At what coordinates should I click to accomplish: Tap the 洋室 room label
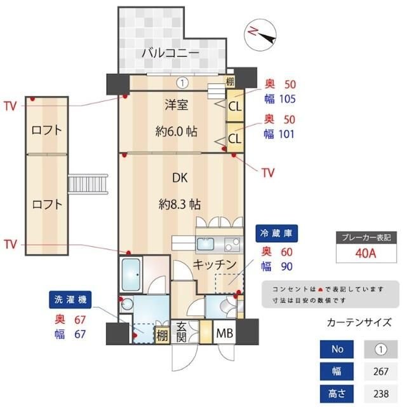[x=176, y=105]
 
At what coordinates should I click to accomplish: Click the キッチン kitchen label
[x=215, y=264]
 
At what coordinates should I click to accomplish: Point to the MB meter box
[x=224, y=333]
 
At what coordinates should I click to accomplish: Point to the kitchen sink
[x=207, y=245]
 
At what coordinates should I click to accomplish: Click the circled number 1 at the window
[x=182, y=82]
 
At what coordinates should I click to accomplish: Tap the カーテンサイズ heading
[x=359, y=322]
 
